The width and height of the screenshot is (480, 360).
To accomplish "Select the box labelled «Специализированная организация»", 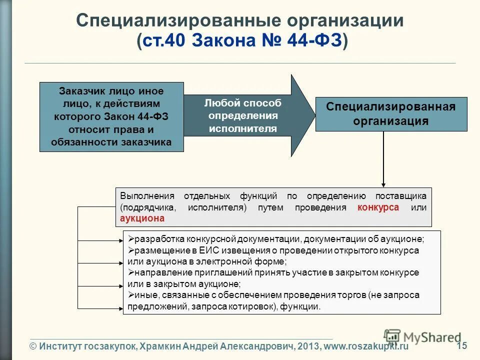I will pyautogui.click(x=391, y=114).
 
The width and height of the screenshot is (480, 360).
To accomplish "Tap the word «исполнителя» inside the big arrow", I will pyautogui.click(x=242, y=128).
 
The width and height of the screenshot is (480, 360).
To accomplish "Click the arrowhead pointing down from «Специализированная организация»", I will pyautogui.click(x=383, y=183).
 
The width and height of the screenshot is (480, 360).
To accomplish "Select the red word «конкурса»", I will pyautogui.click(x=378, y=207).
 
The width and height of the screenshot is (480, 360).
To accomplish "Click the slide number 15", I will pyautogui.click(x=462, y=345).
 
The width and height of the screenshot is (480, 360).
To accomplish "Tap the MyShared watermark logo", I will pyautogui.click(x=422, y=337).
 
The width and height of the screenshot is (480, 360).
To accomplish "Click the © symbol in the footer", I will pyautogui.click(x=33, y=346).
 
